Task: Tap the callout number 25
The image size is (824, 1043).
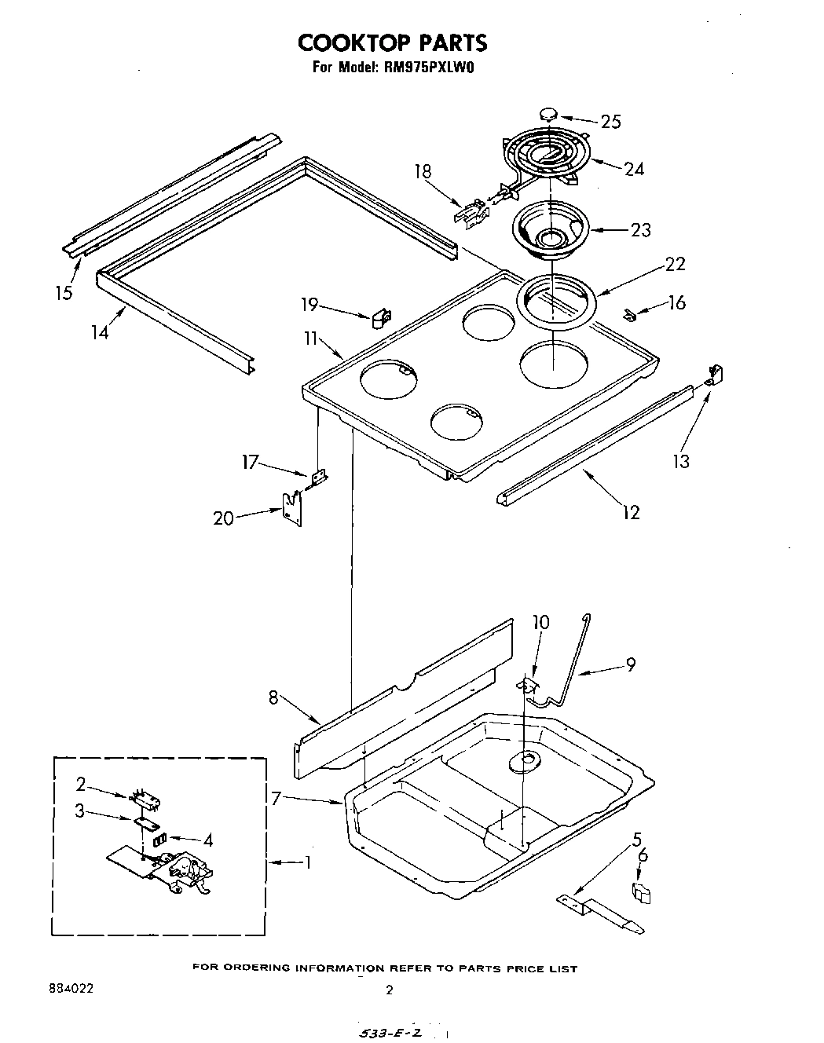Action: coord(610,121)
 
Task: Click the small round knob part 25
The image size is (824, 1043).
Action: coord(549,114)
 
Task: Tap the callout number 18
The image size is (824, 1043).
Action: coord(423,171)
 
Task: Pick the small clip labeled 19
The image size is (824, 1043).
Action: coord(381,318)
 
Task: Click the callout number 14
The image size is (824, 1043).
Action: coord(99,331)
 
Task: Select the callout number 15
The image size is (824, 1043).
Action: coord(64,292)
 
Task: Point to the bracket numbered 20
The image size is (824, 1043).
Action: coord(292,509)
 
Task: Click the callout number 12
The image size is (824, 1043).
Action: coord(631,512)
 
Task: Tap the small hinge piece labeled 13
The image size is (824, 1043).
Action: coord(714,375)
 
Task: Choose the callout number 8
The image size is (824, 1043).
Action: coord(273,696)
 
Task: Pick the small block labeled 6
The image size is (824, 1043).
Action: coord(641,893)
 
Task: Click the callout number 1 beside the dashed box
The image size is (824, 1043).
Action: coord(308,862)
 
